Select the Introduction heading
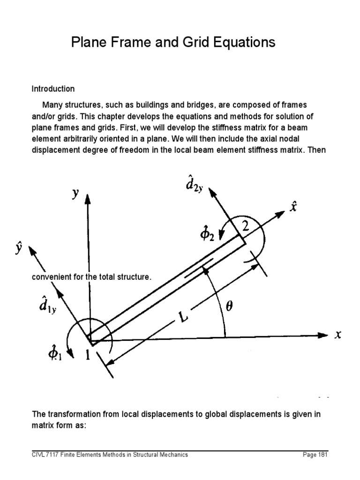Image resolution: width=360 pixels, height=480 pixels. click(53, 89)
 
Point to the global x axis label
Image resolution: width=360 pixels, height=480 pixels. click(337, 335)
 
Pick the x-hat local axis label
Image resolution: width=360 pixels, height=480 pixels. click(293, 206)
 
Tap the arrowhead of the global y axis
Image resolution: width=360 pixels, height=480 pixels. click(87, 199)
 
